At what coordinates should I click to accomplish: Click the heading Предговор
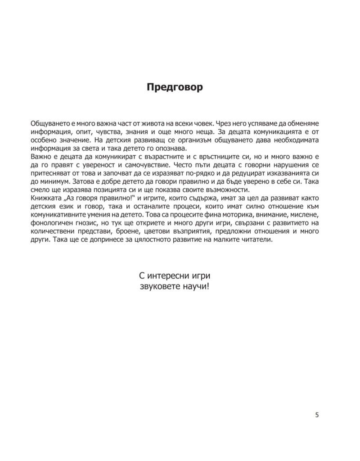(x=175, y=87)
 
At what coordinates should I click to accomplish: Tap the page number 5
(x=317, y=415)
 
